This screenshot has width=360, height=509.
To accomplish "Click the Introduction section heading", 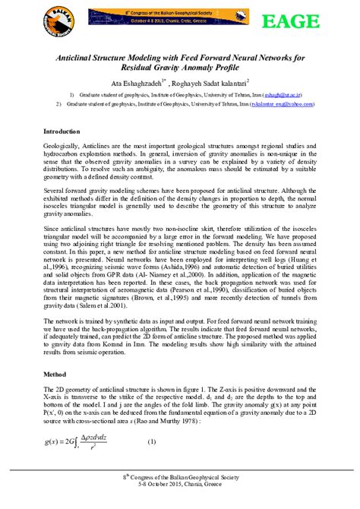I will point(67,131).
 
